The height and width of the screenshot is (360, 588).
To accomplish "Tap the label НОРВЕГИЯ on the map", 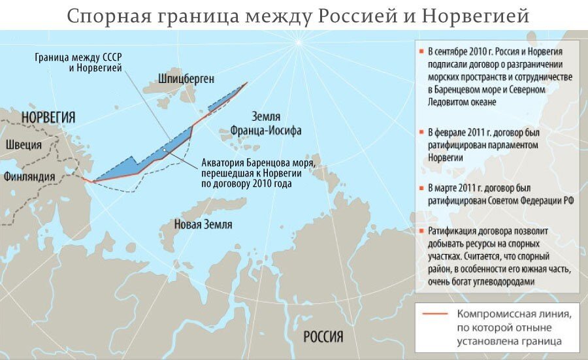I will click(x=48, y=118).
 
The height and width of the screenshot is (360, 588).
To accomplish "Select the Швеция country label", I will click(x=23, y=145).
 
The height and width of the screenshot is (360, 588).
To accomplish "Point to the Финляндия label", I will click(x=30, y=176).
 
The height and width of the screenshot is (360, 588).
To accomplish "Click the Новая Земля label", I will click(x=203, y=224).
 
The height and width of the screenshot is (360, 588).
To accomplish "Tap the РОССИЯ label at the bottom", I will click(x=323, y=337).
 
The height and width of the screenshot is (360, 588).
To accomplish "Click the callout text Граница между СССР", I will click(x=78, y=57).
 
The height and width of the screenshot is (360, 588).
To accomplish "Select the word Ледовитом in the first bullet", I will click(x=448, y=103).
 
